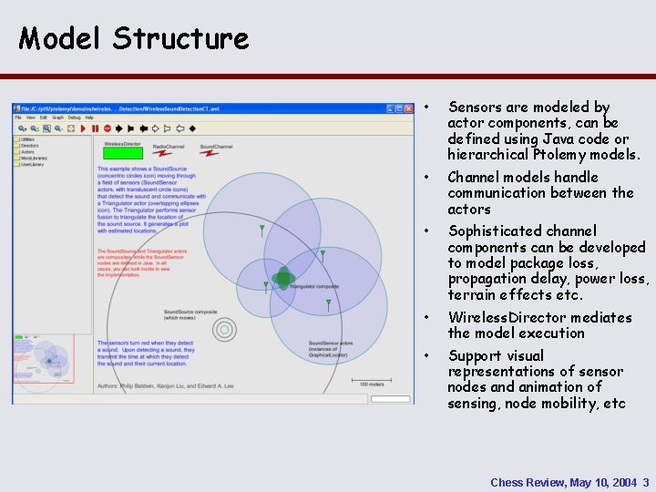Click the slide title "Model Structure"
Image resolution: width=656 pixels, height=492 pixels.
pyautogui.click(x=133, y=38)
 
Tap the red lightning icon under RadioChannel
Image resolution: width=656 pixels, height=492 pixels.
pyautogui.click(x=165, y=153)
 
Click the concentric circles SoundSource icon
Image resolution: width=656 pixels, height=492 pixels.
pyautogui.click(x=223, y=328)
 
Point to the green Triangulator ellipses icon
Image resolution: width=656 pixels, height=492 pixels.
pyautogui.click(x=283, y=277)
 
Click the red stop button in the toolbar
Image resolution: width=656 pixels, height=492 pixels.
pyautogui.click(x=108, y=128)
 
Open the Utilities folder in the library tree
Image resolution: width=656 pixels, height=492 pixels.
pyautogui.click(x=26, y=139)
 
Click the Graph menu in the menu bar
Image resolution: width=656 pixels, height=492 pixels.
pyautogui.click(x=56, y=118)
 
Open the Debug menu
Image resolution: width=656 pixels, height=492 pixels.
pyautogui.click(x=74, y=118)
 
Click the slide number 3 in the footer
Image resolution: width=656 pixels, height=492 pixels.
pyautogui.click(x=645, y=482)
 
